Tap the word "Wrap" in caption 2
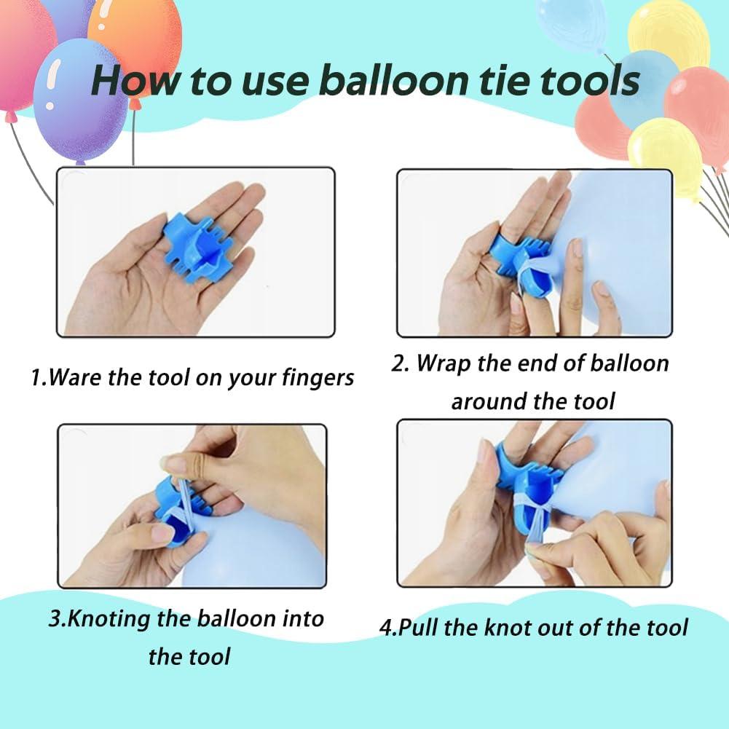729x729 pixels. tap(446, 363)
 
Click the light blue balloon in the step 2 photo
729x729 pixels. tap(619, 240)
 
